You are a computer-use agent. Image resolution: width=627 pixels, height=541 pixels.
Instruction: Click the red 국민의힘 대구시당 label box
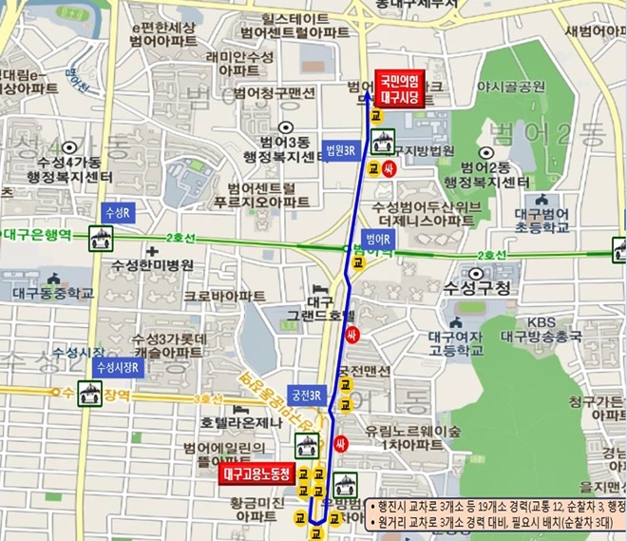(400, 87)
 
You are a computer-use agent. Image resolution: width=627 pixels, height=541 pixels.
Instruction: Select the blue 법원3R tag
(340, 149)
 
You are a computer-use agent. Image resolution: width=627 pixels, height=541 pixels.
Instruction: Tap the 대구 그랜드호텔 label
(320, 302)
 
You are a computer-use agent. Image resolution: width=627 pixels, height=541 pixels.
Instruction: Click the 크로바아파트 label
(224, 296)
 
